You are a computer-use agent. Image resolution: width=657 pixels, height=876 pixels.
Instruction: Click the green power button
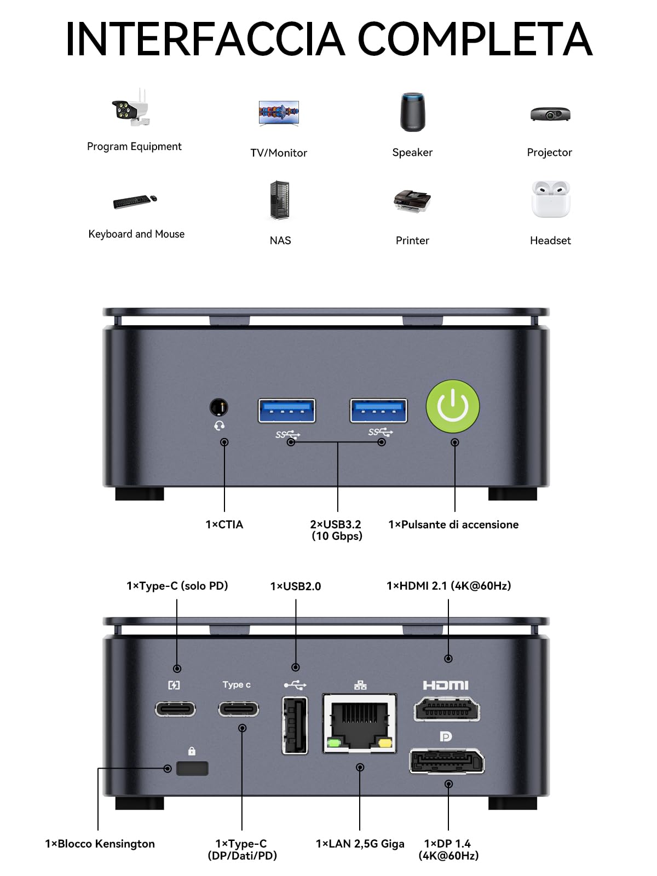pyautogui.click(x=452, y=406)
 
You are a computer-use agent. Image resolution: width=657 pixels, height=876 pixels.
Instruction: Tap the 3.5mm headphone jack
pyautogui.click(x=218, y=407)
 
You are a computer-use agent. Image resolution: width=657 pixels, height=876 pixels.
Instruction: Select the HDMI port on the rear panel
pyautogui.click(x=447, y=709)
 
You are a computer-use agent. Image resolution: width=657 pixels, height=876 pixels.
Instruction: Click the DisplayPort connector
pyautogui.click(x=447, y=761)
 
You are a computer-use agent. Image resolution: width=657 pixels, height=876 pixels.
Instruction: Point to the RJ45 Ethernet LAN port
pyautogui.click(x=360, y=723)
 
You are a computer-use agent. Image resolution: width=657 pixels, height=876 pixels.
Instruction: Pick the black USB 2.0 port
pyautogui.click(x=295, y=725)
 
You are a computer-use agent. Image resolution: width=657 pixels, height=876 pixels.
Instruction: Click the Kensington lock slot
pyautogui.click(x=192, y=768)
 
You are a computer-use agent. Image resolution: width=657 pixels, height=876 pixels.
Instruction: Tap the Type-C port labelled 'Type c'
pyautogui.click(x=239, y=709)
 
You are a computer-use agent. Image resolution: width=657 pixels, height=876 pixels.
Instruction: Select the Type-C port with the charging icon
pyautogui.click(x=175, y=709)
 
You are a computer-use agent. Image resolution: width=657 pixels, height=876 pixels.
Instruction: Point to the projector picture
pyautogui.click(x=550, y=114)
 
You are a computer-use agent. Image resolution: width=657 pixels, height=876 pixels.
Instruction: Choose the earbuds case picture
pyautogui.click(x=550, y=199)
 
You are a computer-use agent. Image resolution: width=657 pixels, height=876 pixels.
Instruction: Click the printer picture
pyautogui.click(x=412, y=201)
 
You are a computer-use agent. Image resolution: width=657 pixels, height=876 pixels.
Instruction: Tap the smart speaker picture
pyautogui.click(x=412, y=112)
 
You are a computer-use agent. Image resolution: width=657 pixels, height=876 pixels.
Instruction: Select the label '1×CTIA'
pyautogui.click(x=224, y=525)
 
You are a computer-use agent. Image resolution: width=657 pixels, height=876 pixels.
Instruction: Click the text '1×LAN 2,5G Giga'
pyautogui.click(x=360, y=844)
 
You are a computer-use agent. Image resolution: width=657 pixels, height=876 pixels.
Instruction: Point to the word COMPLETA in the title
pyautogui.click(x=475, y=39)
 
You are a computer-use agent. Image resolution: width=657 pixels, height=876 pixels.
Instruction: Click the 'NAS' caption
pyautogui.click(x=280, y=240)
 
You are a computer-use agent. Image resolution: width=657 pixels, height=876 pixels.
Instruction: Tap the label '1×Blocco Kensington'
pyautogui.click(x=100, y=844)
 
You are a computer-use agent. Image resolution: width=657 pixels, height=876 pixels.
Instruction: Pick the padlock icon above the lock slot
pyautogui.click(x=192, y=751)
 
